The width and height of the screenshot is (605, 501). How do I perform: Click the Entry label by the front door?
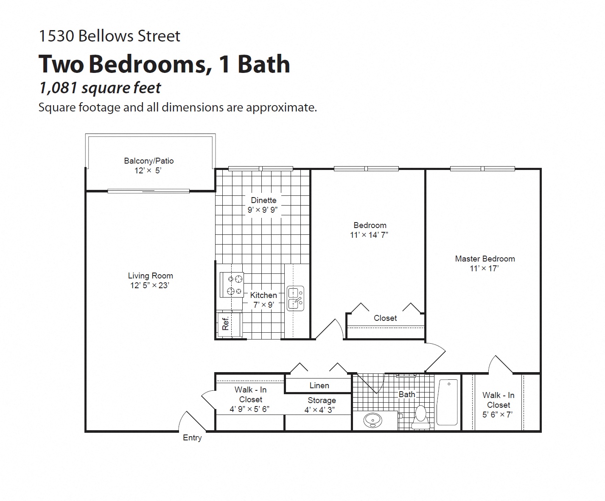coord(192,438)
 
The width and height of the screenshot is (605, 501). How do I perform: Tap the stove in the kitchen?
coord(232,285)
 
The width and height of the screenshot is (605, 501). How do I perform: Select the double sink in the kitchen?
coord(295,298)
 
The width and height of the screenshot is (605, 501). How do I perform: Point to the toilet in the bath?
coord(420,416)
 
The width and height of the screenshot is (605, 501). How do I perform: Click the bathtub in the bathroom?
coord(448,402)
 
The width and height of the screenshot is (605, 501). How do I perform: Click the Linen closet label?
coord(319,385)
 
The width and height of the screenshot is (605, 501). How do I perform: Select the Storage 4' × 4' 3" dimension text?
coord(319,410)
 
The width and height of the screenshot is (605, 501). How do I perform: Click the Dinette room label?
coord(263,200)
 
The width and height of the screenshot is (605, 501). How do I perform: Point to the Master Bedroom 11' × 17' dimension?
coord(484,268)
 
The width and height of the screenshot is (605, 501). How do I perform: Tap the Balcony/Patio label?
coord(148,161)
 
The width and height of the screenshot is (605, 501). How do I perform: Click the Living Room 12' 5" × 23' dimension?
coord(149,285)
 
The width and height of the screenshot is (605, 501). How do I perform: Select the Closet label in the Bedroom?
coord(385,318)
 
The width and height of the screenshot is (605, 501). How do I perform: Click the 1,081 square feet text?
coord(100,88)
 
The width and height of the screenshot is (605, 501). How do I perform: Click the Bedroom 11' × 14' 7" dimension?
coord(369,235)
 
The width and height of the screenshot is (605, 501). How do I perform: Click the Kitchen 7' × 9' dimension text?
coord(263,305)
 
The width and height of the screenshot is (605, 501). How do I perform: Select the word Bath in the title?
coord(263,64)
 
